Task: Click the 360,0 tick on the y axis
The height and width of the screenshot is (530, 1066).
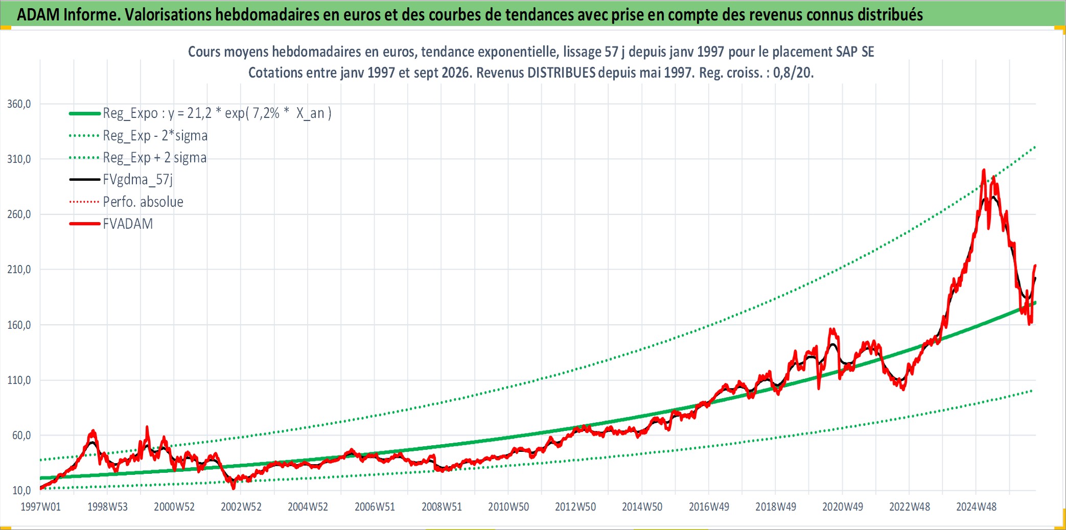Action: pos(19,104)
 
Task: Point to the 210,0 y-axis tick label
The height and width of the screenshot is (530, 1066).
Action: pos(19,270)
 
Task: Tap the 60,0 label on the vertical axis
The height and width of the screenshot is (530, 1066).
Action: pos(21,435)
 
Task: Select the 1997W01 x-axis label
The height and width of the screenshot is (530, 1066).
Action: pos(40,507)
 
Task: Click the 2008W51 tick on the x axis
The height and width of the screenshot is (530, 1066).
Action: pos(442,507)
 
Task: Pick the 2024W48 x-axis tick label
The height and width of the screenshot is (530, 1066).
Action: pos(976,507)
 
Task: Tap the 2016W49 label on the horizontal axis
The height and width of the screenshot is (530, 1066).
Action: pos(709,507)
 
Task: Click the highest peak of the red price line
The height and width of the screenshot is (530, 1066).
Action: pos(984,170)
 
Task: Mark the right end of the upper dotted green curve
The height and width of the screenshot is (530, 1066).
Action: pos(1035,147)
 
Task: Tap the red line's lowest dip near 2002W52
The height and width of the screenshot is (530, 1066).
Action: pos(234,489)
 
